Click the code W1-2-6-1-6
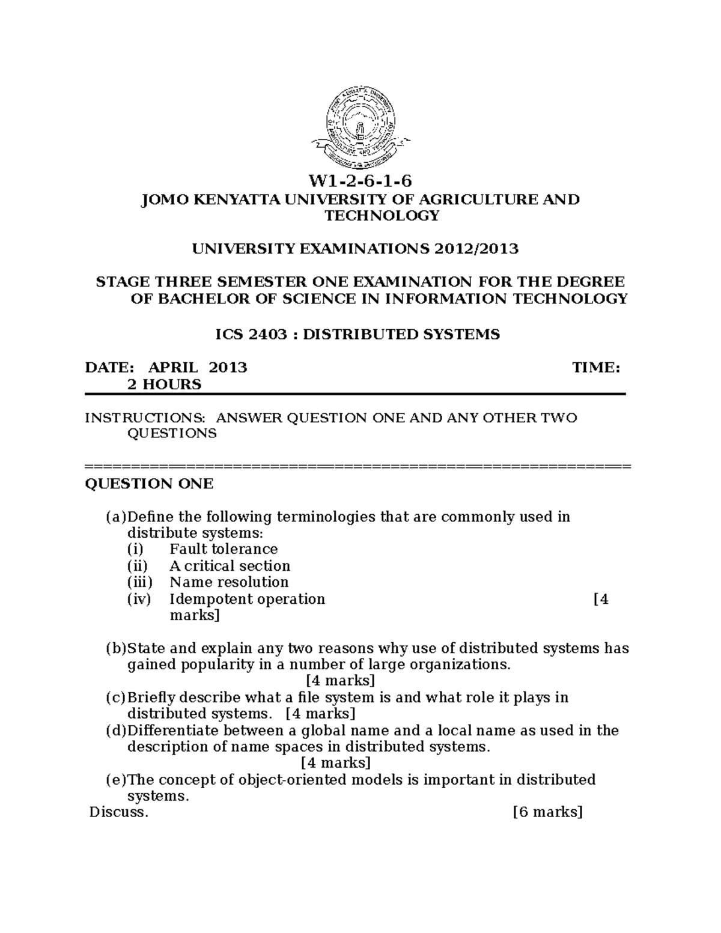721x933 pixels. pyautogui.click(x=360, y=181)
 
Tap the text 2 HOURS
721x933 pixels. pyautogui.click(x=163, y=384)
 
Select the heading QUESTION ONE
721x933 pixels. pyautogui.click(x=149, y=484)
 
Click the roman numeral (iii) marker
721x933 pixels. pyautogui.click(x=139, y=582)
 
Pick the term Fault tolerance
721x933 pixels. pyautogui.click(x=224, y=549)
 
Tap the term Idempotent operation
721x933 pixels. pyautogui.click(x=247, y=599)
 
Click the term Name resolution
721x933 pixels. pyautogui.click(x=229, y=582)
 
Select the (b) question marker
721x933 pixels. pyautogui.click(x=116, y=649)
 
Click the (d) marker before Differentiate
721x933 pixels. pyautogui.click(x=116, y=731)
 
